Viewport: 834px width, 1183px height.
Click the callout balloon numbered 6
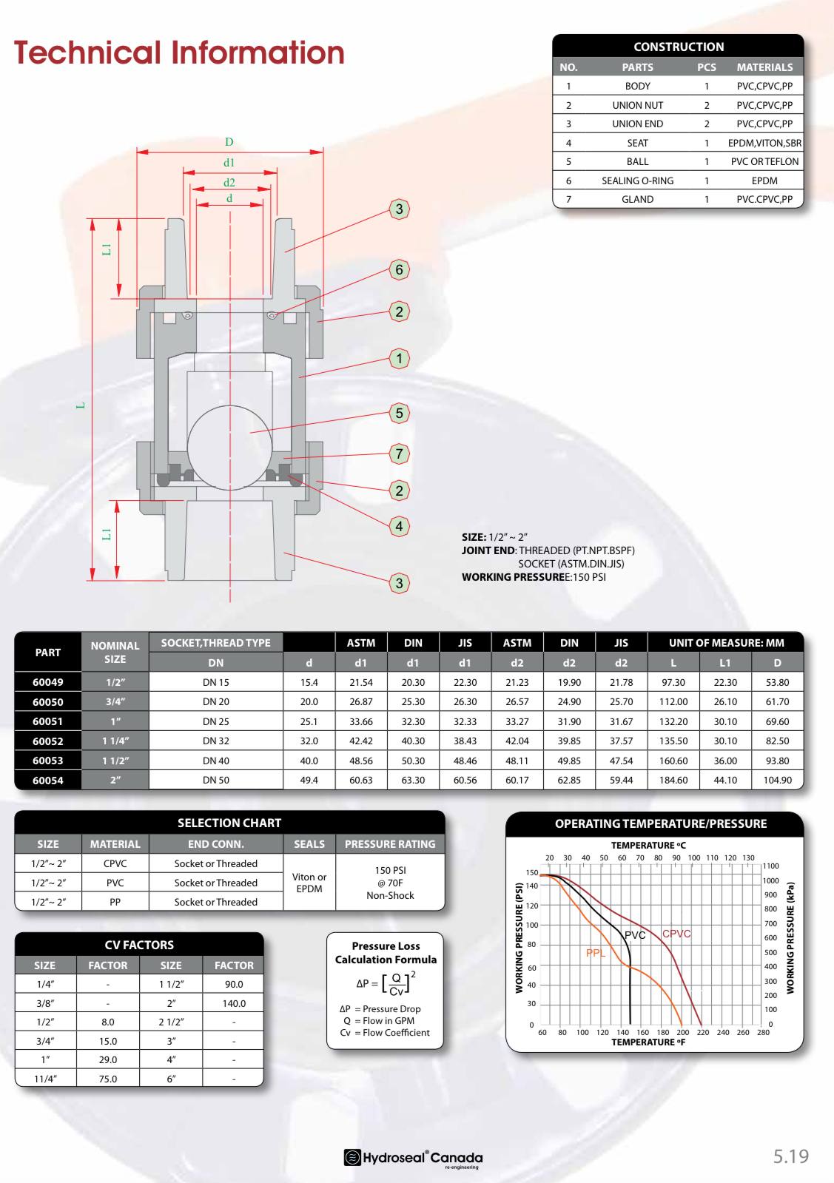(x=400, y=270)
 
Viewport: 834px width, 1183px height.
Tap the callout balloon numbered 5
(x=400, y=413)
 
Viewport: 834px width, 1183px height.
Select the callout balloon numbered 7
(x=400, y=454)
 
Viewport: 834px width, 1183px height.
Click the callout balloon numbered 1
(x=400, y=359)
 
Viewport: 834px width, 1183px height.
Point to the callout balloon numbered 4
(x=400, y=527)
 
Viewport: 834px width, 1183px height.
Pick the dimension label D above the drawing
(x=229, y=142)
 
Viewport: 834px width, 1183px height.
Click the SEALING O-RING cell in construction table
(x=637, y=181)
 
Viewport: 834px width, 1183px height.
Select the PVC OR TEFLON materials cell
(x=764, y=161)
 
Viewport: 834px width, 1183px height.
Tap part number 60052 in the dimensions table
(x=48, y=741)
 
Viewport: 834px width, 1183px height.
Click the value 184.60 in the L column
(x=673, y=780)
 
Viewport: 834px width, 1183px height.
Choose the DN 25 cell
(x=216, y=721)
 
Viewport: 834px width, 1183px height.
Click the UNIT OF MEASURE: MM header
(x=726, y=643)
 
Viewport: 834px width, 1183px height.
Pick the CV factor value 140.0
(x=234, y=1003)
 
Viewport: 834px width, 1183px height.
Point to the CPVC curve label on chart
(x=676, y=934)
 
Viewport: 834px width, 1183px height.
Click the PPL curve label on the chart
(x=596, y=953)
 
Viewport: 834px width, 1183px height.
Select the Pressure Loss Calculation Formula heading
(x=386, y=953)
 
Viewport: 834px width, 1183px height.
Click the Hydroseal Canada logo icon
(x=353, y=1158)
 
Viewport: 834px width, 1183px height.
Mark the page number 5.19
(x=791, y=1156)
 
